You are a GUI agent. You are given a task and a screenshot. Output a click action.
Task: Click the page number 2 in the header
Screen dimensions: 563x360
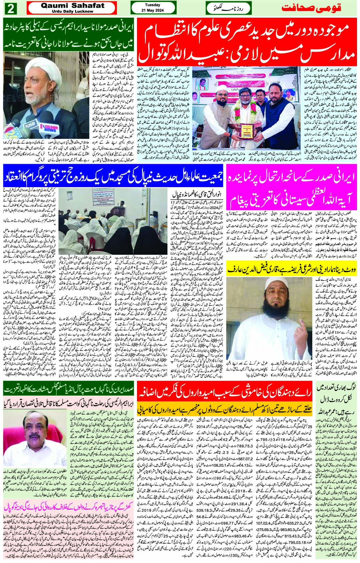[x=10, y=9]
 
